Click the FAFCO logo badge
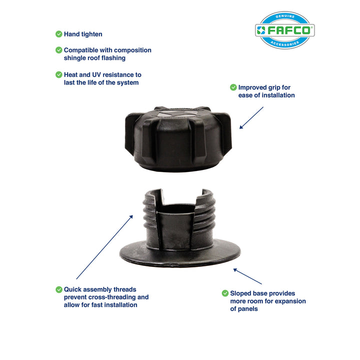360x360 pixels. point(285,30)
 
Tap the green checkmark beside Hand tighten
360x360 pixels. point(59,34)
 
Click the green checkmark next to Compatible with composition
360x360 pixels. point(59,50)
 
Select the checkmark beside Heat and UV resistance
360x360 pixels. point(59,74)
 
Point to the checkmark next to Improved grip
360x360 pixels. point(233,87)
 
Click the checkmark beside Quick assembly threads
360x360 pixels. point(59,289)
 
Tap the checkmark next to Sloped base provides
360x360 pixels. point(225,293)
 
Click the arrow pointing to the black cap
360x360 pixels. point(251,117)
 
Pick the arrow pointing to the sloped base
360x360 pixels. point(247,276)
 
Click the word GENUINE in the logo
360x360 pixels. point(285,17)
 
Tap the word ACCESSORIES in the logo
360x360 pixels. point(285,43)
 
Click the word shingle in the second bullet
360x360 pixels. point(74,58)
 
